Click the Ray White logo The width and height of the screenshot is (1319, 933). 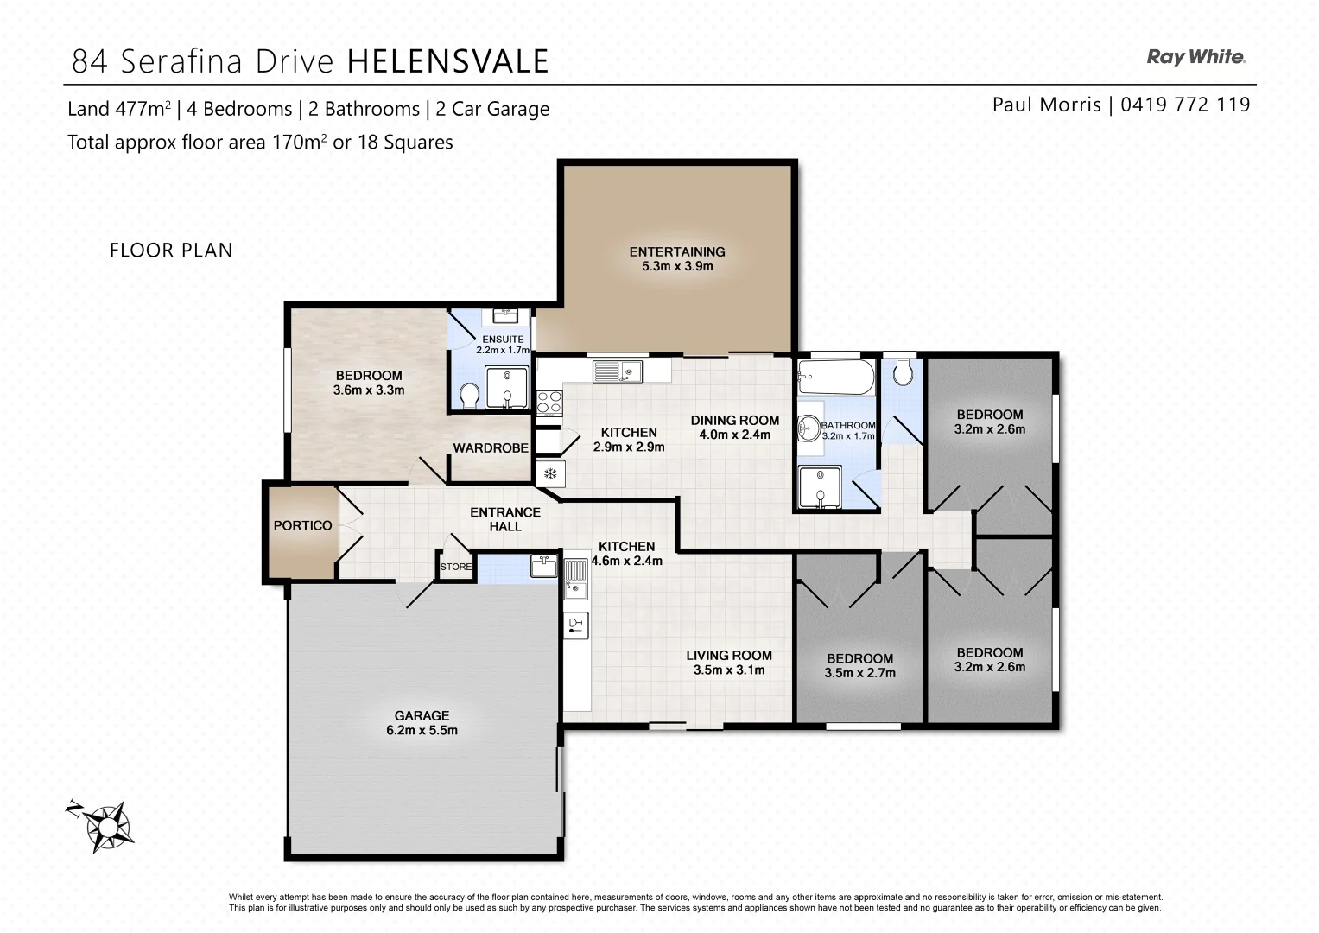pos(1195,57)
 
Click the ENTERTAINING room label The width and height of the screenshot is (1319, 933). pos(677,259)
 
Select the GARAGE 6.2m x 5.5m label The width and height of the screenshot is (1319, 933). pos(422,723)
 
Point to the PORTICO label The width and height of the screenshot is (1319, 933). pos(302,525)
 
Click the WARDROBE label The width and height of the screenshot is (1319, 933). pos(491,448)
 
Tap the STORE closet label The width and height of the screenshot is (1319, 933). pos(456,567)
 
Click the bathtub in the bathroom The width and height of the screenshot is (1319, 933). pos(835,377)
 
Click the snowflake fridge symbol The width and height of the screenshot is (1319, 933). pos(549,473)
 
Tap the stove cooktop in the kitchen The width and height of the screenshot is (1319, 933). pos(549,403)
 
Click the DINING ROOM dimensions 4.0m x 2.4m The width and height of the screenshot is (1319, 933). pos(734,435)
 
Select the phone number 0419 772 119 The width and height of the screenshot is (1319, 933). pos(1185,105)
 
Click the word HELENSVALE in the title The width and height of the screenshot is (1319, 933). pos(447,61)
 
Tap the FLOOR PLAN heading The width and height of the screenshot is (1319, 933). pos(171,251)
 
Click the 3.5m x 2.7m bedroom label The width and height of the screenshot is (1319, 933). pos(859,673)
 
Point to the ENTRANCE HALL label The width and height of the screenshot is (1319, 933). pos(505,519)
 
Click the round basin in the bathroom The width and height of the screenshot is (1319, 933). pos(809,428)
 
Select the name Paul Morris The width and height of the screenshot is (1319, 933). pos(1046,105)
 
